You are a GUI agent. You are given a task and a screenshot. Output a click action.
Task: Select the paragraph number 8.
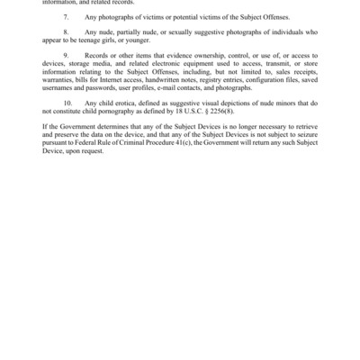pyautogui.click(x=66, y=39)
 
